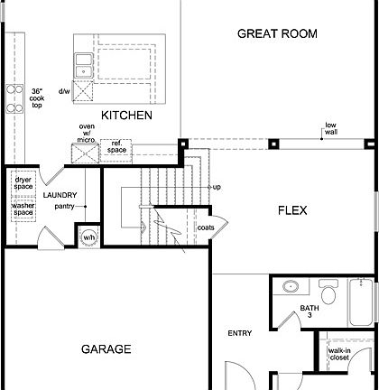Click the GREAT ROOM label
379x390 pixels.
(277, 33)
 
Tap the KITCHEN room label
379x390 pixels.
(125, 116)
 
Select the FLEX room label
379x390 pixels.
(291, 210)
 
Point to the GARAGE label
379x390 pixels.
(106, 348)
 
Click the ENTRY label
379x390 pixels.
(239, 333)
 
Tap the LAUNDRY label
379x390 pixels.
(60, 195)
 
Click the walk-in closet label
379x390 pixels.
(339, 354)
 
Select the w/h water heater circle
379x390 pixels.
(88, 238)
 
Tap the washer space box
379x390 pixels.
(23, 209)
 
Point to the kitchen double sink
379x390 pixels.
(84, 64)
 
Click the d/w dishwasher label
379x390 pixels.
(64, 91)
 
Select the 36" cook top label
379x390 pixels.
(37, 97)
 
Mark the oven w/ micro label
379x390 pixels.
(87, 133)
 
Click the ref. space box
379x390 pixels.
(117, 146)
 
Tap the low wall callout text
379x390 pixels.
(331, 128)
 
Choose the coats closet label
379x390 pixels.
(206, 227)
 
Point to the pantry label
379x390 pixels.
(64, 207)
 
